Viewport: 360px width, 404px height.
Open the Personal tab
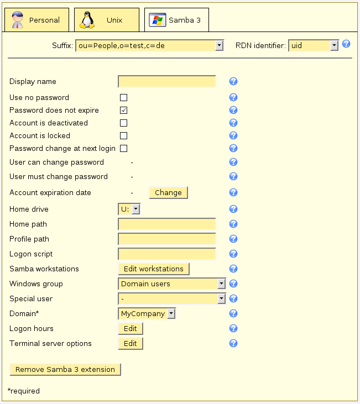pos(36,20)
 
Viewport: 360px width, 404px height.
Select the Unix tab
pos(106,20)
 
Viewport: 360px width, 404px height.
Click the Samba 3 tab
pos(176,20)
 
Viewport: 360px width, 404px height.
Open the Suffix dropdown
pos(149,45)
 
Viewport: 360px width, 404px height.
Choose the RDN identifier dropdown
pos(313,45)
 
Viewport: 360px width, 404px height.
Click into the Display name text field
pos(166,82)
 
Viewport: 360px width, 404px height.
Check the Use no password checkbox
pos(124,98)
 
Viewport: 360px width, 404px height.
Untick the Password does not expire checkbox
pos(124,110)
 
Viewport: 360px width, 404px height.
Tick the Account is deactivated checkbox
pos(124,123)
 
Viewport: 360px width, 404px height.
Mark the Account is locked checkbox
pos(124,135)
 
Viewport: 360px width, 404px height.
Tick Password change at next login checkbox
pos(124,148)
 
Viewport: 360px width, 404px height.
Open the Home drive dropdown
pos(129,209)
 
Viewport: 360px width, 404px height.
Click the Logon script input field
pos(166,254)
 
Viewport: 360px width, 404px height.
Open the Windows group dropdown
pos(172,284)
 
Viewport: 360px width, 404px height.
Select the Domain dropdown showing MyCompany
pos(147,313)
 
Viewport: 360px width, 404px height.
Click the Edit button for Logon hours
pos(131,328)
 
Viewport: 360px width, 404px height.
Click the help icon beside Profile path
pos(233,239)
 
